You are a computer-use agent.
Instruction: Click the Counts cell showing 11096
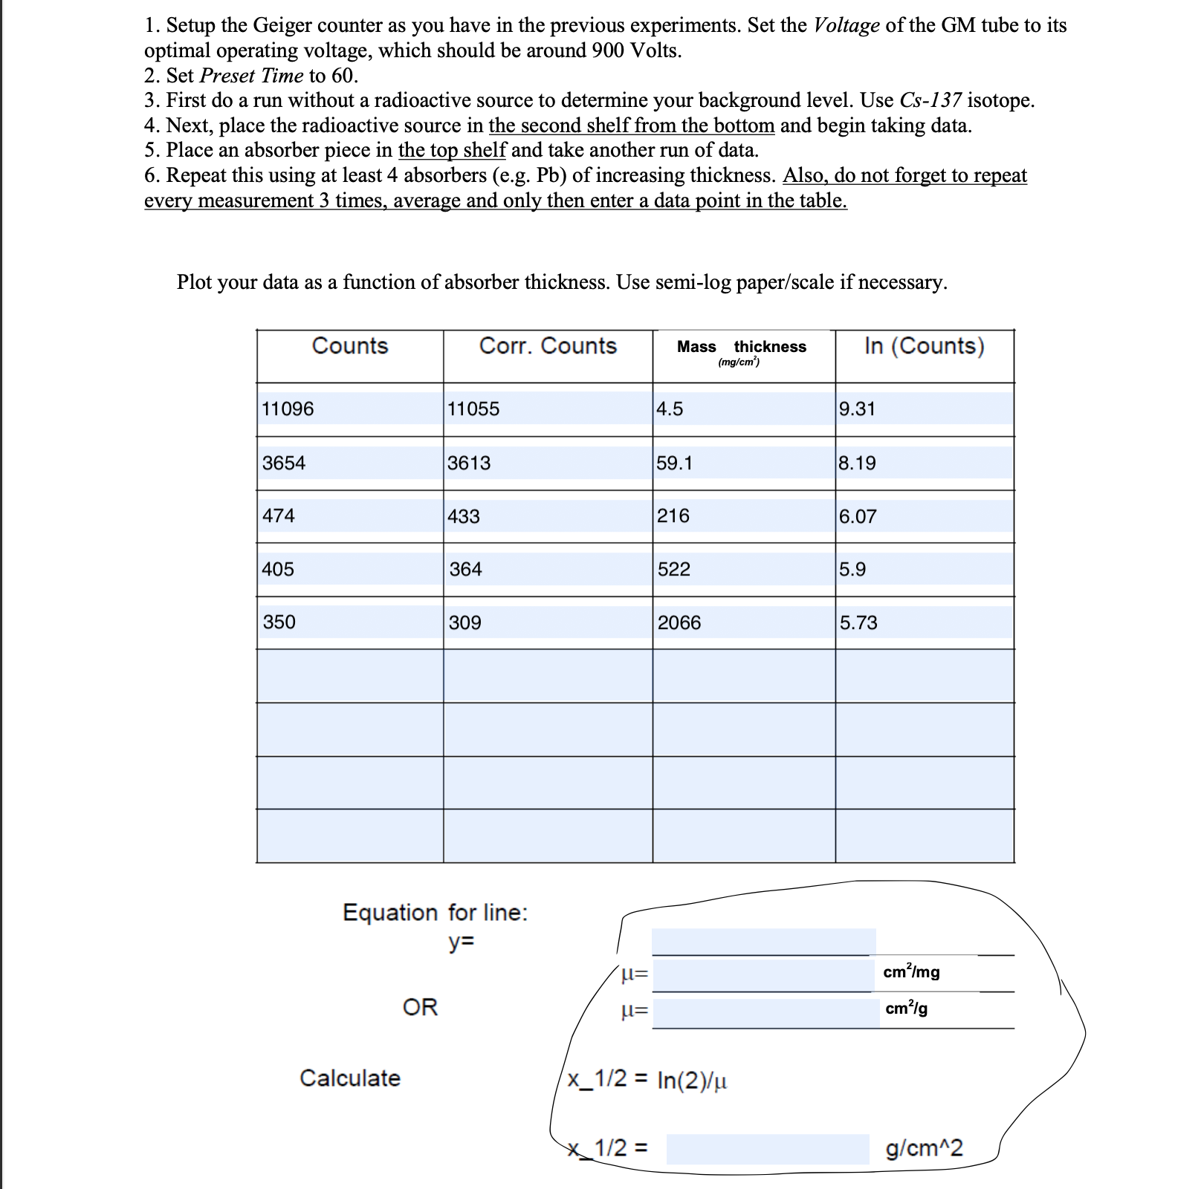click(x=288, y=409)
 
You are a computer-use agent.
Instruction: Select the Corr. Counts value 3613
click(x=469, y=463)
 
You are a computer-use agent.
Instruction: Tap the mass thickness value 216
click(x=673, y=516)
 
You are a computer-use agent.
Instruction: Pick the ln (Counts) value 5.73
click(x=858, y=622)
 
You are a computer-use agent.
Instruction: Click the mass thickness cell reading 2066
click(x=679, y=622)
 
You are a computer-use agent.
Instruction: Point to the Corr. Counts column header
click(x=548, y=346)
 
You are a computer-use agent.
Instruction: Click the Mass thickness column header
click(x=742, y=348)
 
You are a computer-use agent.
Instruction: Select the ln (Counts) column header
click(x=925, y=346)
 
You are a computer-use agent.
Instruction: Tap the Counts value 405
click(x=278, y=570)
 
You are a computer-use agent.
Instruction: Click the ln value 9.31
click(x=857, y=409)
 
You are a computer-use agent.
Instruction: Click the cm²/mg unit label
click(x=911, y=972)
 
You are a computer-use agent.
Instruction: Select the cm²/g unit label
click(x=906, y=1009)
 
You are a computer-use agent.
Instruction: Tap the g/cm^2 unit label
click(x=924, y=1148)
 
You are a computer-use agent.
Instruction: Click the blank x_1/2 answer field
click(x=767, y=1149)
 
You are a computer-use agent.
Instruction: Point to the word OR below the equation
click(x=420, y=1008)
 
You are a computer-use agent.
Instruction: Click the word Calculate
click(x=350, y=1078)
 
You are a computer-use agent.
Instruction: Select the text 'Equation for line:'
click(x=435, y=913)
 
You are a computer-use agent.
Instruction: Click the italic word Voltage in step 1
click(x=846, y=26)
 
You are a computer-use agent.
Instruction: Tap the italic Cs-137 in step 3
click(x=930, y=100)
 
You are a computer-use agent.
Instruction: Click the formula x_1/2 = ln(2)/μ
click(x=647, y=1080)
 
